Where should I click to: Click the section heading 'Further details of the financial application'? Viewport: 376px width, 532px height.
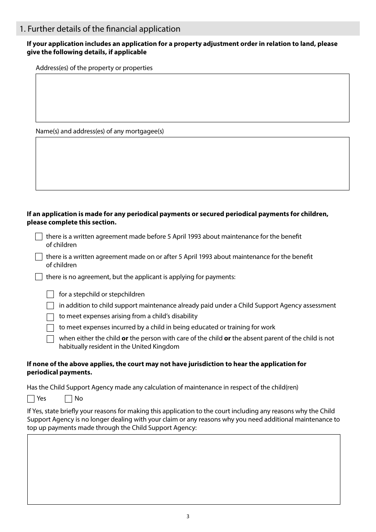pyautogui.click(x=100, y=29)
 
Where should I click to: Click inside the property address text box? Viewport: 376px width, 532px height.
pyautogui.click(x=192, y=98)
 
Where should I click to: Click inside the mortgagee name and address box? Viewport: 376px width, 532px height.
pyautogui.click(x=192, y=163)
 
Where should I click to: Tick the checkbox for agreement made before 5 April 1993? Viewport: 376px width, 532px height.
pyautogui.click(x=39, y=237)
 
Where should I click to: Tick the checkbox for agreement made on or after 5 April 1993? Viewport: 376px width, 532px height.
pyautogui.click(x=39, y=257)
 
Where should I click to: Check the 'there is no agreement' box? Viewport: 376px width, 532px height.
pyautogui.click(x=39, y=277)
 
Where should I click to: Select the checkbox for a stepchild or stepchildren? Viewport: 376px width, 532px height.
pyautogui.click(x=50, y=294)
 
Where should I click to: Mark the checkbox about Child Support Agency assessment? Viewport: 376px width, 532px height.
pyautogui.click(x=50, y=306)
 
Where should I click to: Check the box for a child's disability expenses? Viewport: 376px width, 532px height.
pyautogui.click(x=50, y=317)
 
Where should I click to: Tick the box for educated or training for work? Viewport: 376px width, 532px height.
pyautogui.click(x=50, y=328)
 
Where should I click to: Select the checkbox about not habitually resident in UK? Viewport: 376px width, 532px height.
pyautogui.click(x=50, y=339)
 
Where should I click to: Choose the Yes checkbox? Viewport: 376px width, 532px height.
pyautogui.click(x=31, y=399)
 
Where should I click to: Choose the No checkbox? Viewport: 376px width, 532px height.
pyautogui.click(x=68, y=399)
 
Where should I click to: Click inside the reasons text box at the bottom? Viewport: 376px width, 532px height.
pyautogui.click(x=184, y=469)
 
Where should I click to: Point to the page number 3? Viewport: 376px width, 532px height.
pyautogui.click(x=188, y=517)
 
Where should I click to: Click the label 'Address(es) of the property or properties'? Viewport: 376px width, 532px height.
pyautogui.click(x=94, y=68)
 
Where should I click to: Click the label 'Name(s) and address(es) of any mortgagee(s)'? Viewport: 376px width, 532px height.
pyautogui.click(x=100, y=131)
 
